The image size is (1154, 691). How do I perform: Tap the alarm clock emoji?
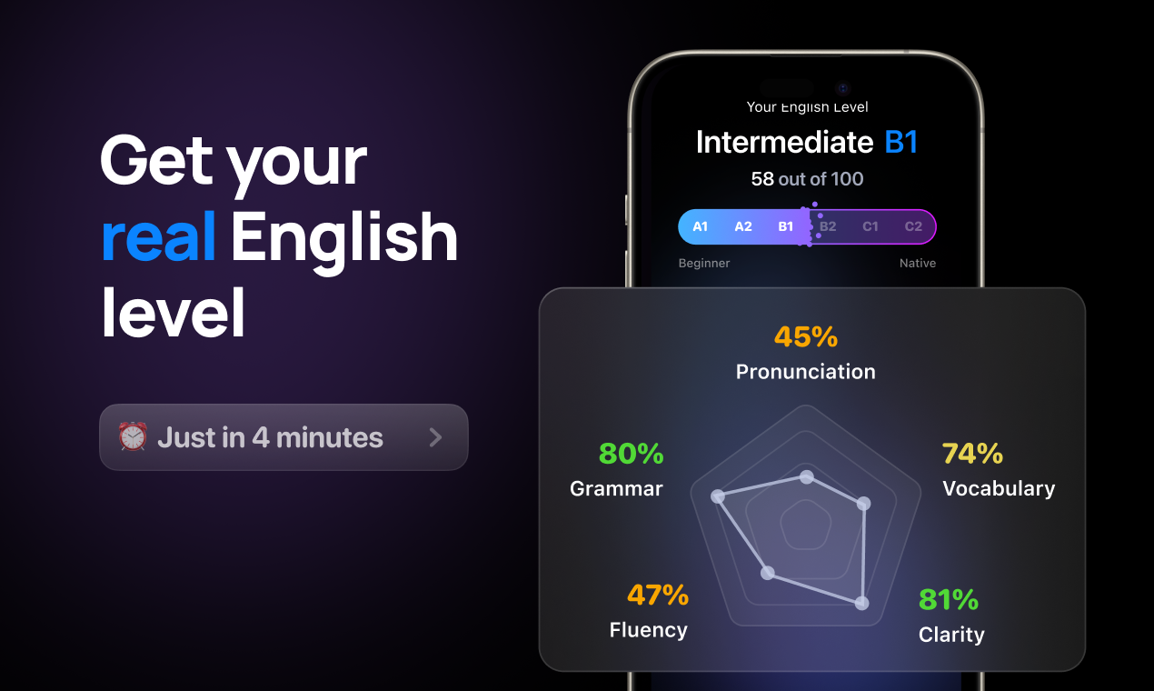point(133,437)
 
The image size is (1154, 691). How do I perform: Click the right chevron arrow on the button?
point(435,437)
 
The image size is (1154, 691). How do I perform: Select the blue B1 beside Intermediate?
point(901,143)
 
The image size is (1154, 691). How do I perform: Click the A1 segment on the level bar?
point(701,226)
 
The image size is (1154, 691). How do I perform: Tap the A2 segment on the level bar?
point(743,226)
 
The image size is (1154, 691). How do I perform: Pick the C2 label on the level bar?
point(913,226)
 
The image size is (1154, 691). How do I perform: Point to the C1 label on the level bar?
point(870,226)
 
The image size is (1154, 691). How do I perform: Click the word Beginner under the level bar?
point(704,263)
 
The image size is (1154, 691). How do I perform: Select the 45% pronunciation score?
point(806,337)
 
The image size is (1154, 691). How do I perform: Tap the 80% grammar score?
point(632,453)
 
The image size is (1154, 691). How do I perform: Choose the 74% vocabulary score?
point(972,453)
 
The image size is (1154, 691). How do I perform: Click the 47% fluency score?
point(658,596)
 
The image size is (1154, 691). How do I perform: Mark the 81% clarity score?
point(949,600)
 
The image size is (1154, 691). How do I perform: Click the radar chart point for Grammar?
point(718,496)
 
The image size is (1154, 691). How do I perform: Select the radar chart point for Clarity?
point(862,603)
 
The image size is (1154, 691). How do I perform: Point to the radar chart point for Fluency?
point(768,573)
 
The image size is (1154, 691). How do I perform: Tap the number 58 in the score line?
point(762,179)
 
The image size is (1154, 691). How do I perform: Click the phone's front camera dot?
point(843,88)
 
